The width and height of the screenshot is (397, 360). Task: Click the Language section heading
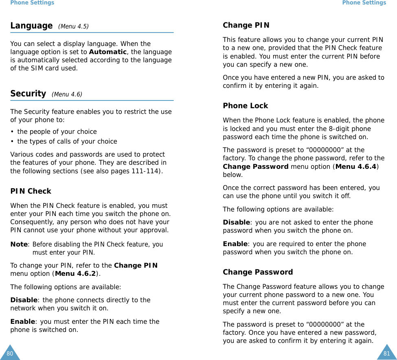[31, 26]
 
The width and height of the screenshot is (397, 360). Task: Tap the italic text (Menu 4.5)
[73, 27]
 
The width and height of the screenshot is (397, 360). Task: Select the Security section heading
[28, 94]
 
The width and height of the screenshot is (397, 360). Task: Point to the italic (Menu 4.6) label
[67, 95]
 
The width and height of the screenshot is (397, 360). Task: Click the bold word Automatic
[108, 52]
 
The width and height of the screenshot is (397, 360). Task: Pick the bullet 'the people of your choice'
[57, 132]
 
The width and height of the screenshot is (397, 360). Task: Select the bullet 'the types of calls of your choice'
[67, 142]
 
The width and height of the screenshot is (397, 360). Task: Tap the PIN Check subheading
[31, 191]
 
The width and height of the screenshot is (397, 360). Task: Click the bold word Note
[19, 244]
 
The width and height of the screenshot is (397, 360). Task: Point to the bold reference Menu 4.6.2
[76, 273]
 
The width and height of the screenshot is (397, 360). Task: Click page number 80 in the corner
[9, 353]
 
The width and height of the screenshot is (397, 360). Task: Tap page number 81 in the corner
[387, 353]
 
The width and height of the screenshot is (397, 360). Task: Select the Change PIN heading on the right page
[246, 25]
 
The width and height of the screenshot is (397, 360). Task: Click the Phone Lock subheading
[245, 106]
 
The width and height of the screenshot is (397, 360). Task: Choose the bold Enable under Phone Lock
[235, 244]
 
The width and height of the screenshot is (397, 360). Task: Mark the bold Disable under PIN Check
[24, 300]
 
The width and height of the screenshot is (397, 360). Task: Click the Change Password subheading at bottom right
[258, 272]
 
